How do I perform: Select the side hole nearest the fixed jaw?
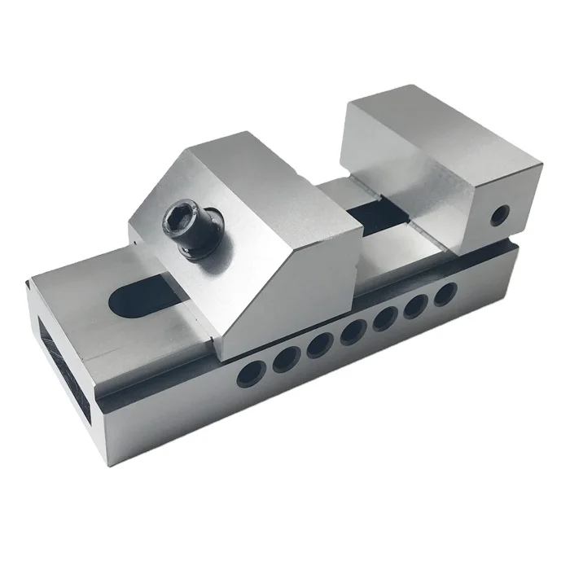point(445,292)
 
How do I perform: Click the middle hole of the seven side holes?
point(353,331)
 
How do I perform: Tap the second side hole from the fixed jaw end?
point(416,304)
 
